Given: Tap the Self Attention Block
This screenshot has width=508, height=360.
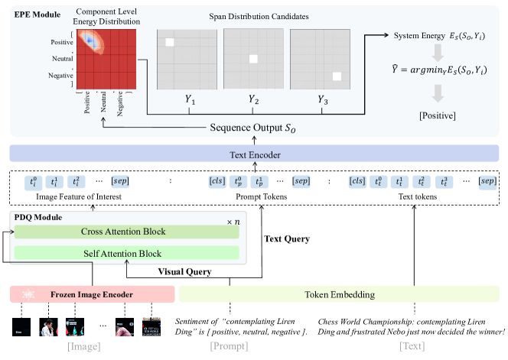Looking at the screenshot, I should coord(126,253).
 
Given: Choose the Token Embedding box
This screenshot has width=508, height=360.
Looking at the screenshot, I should coord(340,294).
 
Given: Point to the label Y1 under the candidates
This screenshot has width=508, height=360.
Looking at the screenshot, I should coord(189,100).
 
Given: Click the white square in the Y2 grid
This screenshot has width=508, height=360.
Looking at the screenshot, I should coord(252,59).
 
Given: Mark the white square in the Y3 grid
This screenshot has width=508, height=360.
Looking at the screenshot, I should coord(337,75).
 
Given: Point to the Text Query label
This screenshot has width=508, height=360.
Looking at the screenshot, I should coord(287,238).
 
